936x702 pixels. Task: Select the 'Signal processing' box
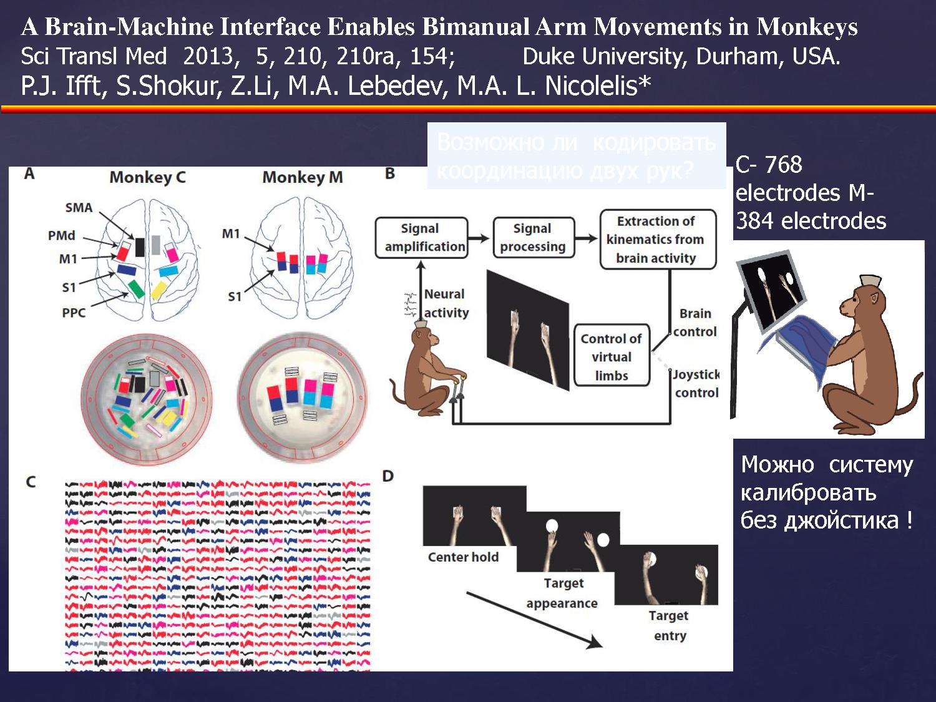[532, 238]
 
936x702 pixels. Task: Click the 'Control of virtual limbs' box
[612, 357]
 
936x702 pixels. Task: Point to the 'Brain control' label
[695, 323]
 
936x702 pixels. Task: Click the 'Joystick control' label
[696, 383]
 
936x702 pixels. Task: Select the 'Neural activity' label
[446, 303]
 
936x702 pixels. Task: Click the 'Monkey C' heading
[148, 178]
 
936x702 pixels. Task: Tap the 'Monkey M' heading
[302, 178]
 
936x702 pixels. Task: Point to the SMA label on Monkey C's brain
[79, 208]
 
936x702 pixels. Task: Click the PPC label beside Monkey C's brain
[74, 313]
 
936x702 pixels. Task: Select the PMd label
[61, 235]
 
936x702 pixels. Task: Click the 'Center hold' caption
[463, 557]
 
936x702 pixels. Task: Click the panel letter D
[388, 476]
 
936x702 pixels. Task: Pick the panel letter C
[31, 482]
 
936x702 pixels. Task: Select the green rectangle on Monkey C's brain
[137, 288]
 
